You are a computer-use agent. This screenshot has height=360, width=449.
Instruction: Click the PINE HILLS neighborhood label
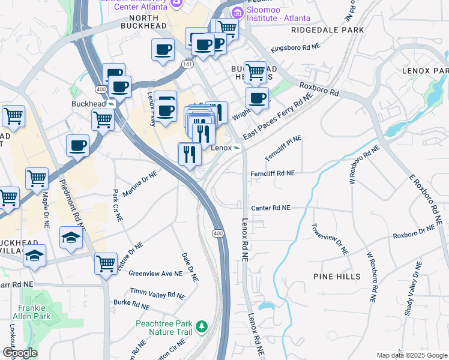tap(337, 277)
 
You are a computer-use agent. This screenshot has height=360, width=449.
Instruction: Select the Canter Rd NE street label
tap(271, 208)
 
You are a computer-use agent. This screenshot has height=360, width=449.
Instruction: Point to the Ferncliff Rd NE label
tap(273, 173)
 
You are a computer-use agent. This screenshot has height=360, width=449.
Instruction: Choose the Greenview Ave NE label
tap(155, 274)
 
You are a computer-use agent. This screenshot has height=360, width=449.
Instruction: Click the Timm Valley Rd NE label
tap(158, 295)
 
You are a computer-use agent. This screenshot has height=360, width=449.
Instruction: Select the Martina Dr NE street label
tap(139, 184)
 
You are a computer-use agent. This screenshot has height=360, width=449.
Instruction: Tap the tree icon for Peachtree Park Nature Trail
tap(203, 326)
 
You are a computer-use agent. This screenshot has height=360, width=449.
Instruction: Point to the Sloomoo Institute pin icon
tap(238, 12)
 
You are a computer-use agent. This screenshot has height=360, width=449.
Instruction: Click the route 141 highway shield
tap(188, 63)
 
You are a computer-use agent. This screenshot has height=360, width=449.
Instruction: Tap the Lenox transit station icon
tap(238, 148)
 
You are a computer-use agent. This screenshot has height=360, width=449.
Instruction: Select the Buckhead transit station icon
tap(111, 103)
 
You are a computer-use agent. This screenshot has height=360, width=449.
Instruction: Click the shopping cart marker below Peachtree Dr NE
tap(106, 263)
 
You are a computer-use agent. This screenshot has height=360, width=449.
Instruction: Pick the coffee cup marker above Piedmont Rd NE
tap(77, 145)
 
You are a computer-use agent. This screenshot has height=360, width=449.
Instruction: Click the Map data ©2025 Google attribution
tap(412, 355)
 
